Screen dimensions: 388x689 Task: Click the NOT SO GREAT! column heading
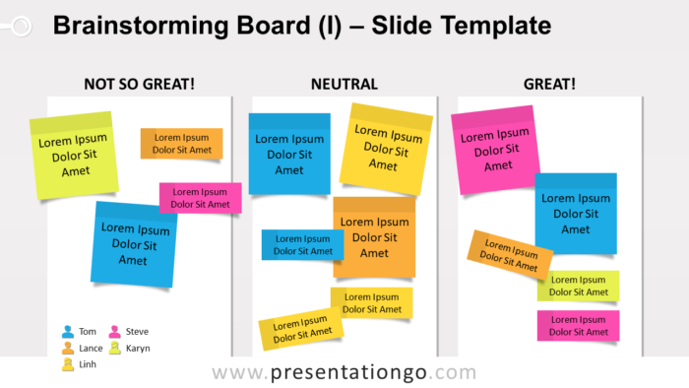pyautogui.click(x=139, y=84)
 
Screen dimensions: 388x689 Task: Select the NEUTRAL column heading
pyautogui.click(x=344, y=84)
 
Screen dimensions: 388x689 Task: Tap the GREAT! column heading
pyautogui.click(x=549, y=84)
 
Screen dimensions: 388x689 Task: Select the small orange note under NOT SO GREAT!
pyautogui.click(x=181, y=144)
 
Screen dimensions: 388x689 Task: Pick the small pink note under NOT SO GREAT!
pyautogui.click(x=201, y=198)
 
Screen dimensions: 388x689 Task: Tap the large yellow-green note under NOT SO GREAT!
pyautogui.click(x=75, y=155)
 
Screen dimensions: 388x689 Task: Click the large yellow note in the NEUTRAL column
pyautogui.click(x=390, y=145)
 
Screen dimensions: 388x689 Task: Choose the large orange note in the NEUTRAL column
pyautogui.click(x=374, y=237)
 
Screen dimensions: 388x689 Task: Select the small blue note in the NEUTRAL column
pyautogui.click(x=301, y=244)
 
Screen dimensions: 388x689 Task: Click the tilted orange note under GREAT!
pyautogui.click(x=510, y=255)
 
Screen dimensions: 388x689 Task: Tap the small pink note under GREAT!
pyautogui.click(x=578, y=326)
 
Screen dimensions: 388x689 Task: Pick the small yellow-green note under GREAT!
pyautogui.click(x=578, y=286)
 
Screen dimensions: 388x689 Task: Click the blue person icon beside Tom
pyautogui.click(x=68, y=332)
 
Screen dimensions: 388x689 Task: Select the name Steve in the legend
pyautogui.click(x=137, y=332)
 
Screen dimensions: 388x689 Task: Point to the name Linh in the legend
pyautogui.click(x=89, y=364)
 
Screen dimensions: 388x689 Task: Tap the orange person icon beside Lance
pyautogui.click(x=68, y=348)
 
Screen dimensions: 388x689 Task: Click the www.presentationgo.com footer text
pyautogui.click(x=344, y=373)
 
